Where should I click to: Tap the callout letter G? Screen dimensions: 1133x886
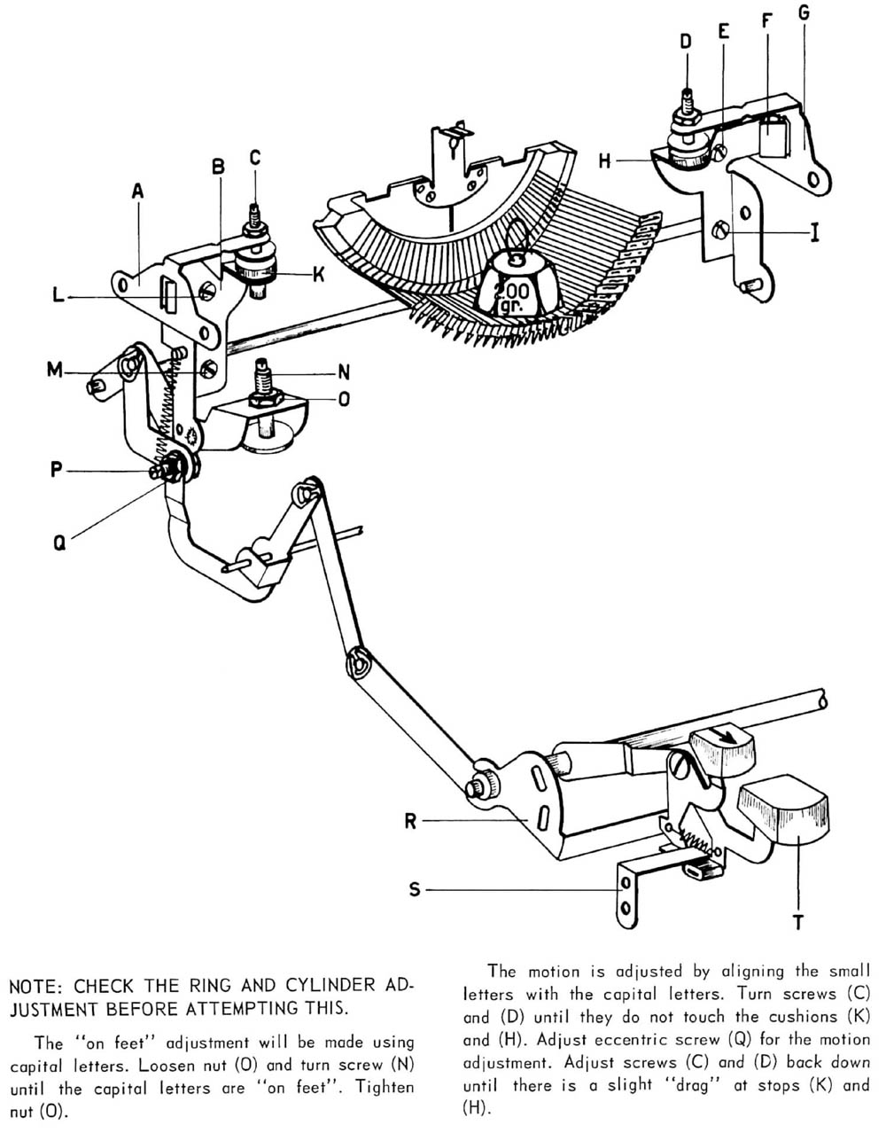[x=804, y=13]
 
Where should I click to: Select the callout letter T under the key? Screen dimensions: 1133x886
[x=797, y=923]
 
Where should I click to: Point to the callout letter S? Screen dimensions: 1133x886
[x=415, y=888]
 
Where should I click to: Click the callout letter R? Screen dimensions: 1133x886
[x=410, y=821]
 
